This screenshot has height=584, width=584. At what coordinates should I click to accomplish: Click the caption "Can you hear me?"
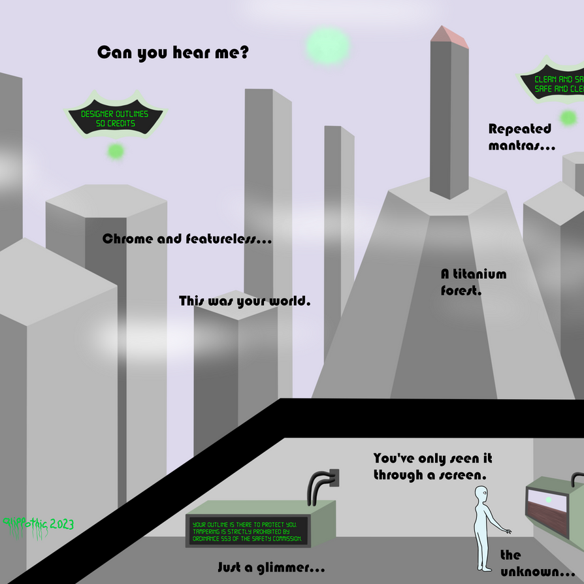[172, 53]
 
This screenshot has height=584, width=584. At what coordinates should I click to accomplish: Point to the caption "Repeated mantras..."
[521, 137]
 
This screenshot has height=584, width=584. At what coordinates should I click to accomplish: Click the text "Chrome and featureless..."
[187, 239]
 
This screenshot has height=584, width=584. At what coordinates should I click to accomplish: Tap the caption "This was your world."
[244, 302]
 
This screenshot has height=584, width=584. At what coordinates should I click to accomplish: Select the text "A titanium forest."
[473, 282]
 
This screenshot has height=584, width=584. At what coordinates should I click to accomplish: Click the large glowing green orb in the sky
[327, 43]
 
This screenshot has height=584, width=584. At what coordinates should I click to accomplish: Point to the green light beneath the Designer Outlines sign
[116, 152]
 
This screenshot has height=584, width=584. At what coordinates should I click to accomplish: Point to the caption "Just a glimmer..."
[270, 564]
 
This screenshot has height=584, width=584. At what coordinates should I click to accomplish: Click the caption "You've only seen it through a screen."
[432, 466]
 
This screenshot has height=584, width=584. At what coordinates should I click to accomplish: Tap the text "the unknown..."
[536, 562]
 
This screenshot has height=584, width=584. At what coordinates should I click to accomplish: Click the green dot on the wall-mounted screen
[548, 500]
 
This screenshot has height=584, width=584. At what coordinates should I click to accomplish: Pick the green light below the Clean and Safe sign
[568, 118]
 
